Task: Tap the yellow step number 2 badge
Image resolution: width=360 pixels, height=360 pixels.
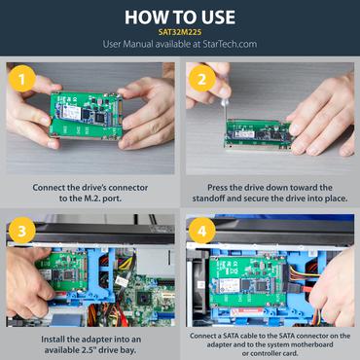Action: [x=200, y=79]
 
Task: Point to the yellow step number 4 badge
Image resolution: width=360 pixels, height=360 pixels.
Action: [x=200, y=233]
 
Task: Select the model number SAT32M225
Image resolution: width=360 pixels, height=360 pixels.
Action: [x=179, y=31]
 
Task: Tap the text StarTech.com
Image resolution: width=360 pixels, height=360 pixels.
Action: [x=227, y=45]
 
